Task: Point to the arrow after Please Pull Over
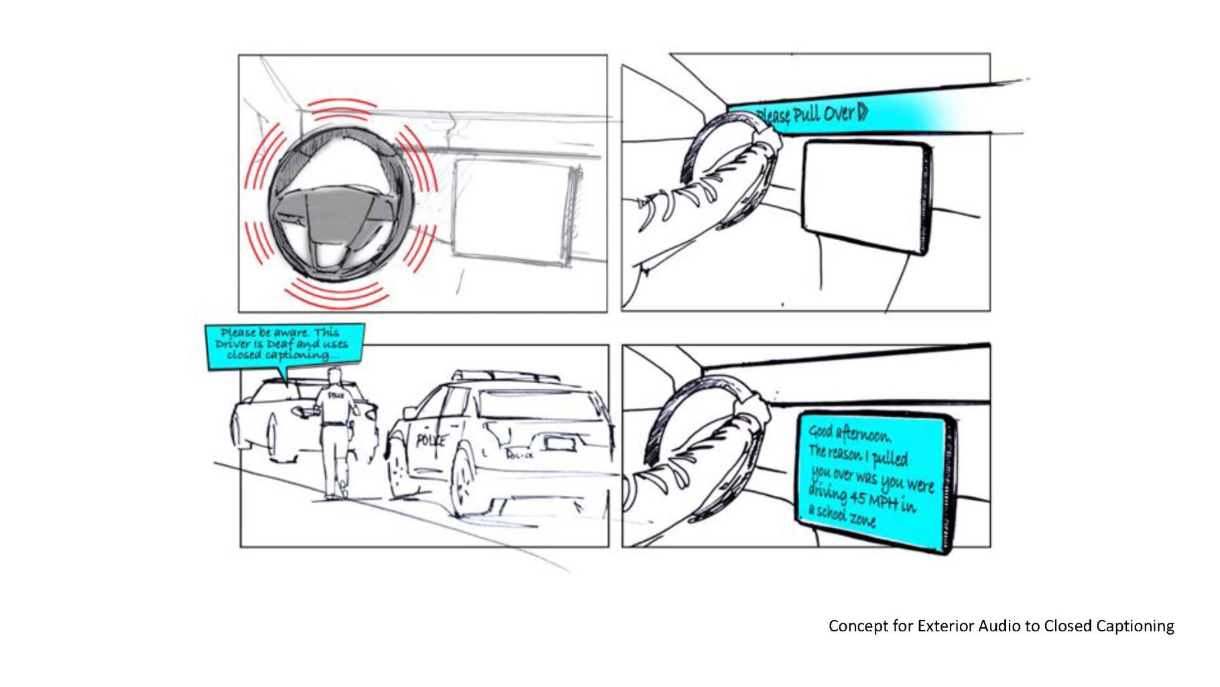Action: click(x=863, y=111)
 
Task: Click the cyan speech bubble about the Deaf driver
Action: click(x=286, y=344)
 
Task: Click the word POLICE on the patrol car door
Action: click(x=430, y=440)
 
